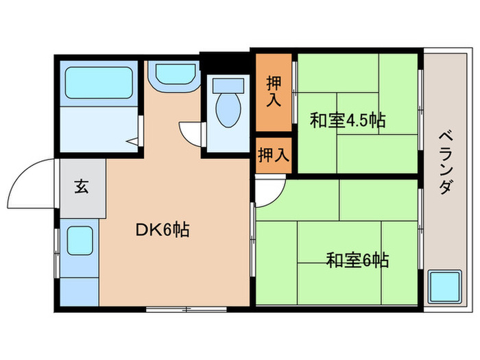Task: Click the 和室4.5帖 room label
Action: point(347,121)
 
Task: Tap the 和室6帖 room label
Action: point(357,261)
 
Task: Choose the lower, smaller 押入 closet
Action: point(274,155)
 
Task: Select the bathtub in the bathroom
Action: point(100,84)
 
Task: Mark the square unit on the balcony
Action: point(444,287)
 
